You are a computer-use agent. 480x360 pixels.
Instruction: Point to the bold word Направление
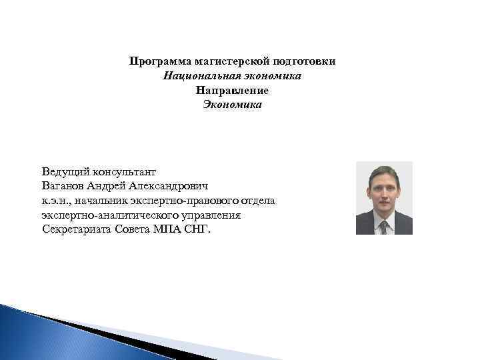232,90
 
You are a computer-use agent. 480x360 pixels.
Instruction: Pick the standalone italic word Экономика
232,105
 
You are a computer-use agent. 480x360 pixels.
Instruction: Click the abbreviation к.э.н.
55,201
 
